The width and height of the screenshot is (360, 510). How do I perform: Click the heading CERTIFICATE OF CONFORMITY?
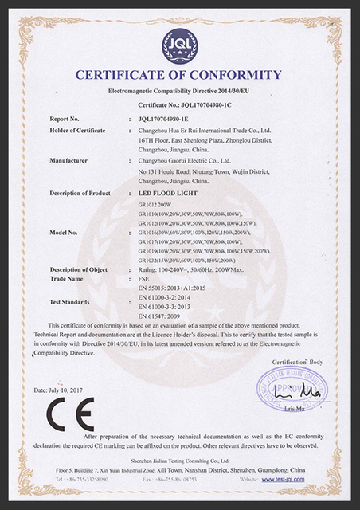point(179,76)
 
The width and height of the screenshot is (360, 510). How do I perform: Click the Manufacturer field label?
point(68,160)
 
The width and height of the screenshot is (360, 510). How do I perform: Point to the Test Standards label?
point(72,302)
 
